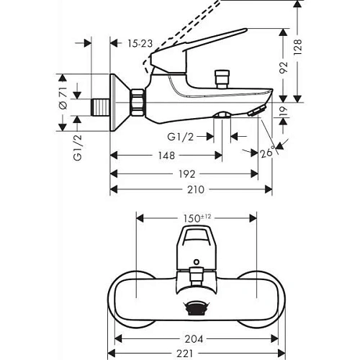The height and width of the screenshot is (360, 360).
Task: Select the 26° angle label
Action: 269,153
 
